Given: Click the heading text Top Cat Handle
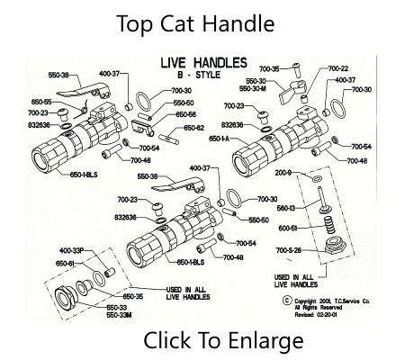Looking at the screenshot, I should coord(195,23).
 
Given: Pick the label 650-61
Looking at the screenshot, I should coord(45,262).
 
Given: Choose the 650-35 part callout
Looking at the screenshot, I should coord(108,296).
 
